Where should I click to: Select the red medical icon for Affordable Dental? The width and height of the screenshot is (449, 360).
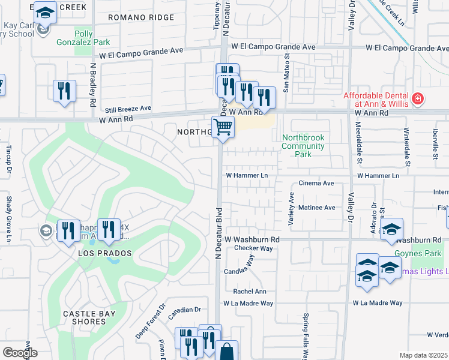click(x=418, y=98)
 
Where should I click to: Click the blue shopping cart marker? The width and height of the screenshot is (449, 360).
click(x=223, y=127)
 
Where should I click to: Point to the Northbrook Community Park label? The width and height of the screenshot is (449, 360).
click(x=303, y=146)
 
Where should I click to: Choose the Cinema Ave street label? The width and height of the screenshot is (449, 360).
click(x=316, y=183)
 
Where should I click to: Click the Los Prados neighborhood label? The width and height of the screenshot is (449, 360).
click(x=105, y=254)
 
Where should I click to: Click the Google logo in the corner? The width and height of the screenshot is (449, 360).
click(x=20, y=352)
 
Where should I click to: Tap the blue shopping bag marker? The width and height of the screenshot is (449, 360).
click(x=228, y=352)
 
